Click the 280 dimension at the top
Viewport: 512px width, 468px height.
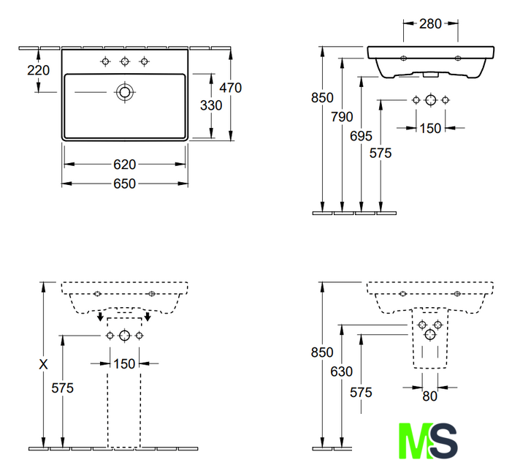(x=430, y=24)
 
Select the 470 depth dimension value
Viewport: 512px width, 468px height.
(x=230, y=88)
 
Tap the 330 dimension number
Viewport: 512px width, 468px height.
(x=211, y=105)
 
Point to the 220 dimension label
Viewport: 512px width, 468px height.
(x=38, y=70)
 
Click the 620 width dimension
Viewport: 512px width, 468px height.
(x=124, y=165)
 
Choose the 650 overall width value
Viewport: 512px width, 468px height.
(x=124, y=184)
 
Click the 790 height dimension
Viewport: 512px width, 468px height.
(x=342, y=117)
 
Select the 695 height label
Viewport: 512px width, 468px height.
(x=361, y=136)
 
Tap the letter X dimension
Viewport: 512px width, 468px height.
(x=43, y=364)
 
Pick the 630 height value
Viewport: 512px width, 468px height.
(x=342, y=371)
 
